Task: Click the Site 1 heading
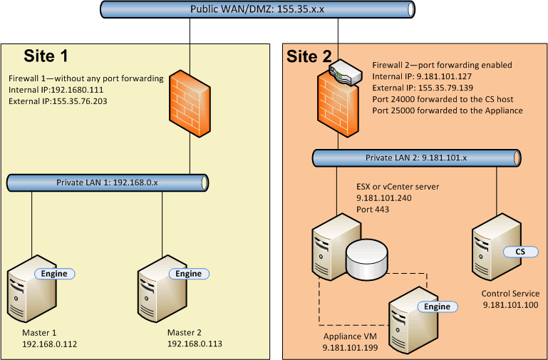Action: [x=48, y=56]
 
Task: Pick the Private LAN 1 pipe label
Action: [x=107, y=183]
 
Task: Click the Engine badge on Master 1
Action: [x=54, y=274]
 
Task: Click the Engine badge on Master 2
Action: [x=188, y=274]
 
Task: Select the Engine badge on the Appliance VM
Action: [x=437, y=307]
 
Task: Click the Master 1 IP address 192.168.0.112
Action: [x=50, y=344]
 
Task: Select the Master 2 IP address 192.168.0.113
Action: [x=194, y=344]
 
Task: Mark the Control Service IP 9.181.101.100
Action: [x=510, y=305]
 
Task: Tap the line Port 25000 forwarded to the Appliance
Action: [x=448, y=110]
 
